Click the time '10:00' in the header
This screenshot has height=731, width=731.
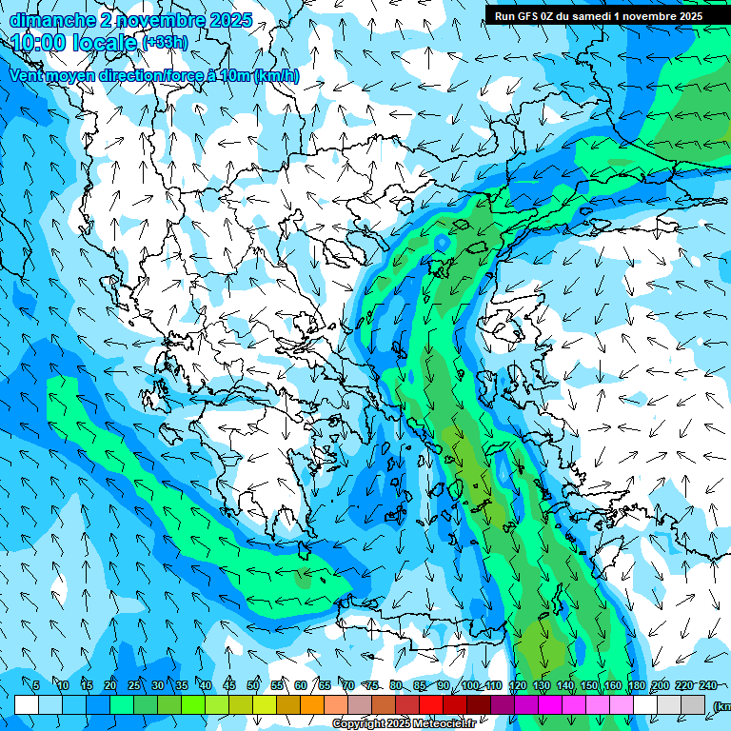[x=39, y=42]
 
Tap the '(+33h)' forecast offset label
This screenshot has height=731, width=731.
[x=165, y=42]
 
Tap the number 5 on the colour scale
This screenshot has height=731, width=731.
[x=36, y=685]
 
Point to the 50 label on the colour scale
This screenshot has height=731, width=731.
[x=253, y=685]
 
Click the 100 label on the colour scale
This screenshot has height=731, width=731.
[x=470, y=685]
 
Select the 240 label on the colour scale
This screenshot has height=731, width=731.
[x=707, y=685]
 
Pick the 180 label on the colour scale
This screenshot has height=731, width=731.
[x=636, y=685]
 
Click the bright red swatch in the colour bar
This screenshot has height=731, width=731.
[x=431, y=705]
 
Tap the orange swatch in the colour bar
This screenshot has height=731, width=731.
[x=312, y=705]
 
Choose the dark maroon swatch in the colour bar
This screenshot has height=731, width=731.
[x=479, y=705]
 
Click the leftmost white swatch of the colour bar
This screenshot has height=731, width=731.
[x=27, y=705]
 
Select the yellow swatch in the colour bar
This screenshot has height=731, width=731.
[x=265, y=705]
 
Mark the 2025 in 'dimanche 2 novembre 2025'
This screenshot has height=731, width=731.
[x=228, y=19]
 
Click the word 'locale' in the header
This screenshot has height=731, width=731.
[x=106, y=42]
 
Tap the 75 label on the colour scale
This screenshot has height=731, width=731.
[x=372, y=685]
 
